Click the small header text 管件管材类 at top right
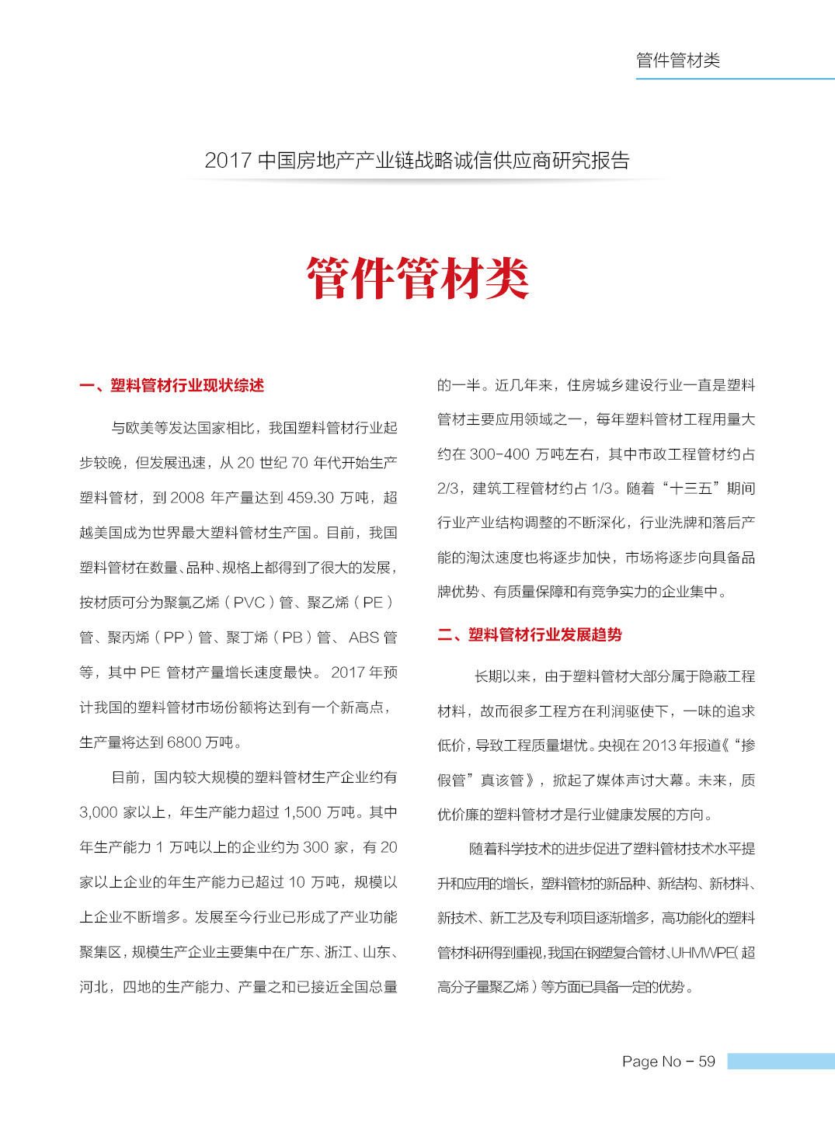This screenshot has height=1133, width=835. (x=677, y=61)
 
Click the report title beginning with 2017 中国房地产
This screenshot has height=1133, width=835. (x=417, y=161)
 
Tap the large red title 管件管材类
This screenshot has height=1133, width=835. (x=418, y=278)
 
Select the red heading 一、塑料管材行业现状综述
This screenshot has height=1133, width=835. (x=172, y=386)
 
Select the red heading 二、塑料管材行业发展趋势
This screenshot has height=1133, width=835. (x=530, y=635)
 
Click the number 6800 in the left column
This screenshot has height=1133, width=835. (x=184, y=742)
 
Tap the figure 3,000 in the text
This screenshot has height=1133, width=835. (x=98, y=812)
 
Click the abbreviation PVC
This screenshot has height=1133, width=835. (x=249, y=603)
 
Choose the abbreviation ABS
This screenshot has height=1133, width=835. (x=364, y=638)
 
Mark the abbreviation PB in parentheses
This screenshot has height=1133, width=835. (x=292, y=638)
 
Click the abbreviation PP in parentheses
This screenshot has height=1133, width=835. (x=174, y=638)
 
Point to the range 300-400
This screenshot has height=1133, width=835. (x=499, y=454)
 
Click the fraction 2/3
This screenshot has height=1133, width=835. (x=448, y=488)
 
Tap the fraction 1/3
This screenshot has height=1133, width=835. (x=602, y=488)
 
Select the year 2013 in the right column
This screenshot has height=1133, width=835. (x=659, y=745)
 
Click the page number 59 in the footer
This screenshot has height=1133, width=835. (x=706, y=1062)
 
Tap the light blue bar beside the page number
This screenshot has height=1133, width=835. (x=781, y=1062)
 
